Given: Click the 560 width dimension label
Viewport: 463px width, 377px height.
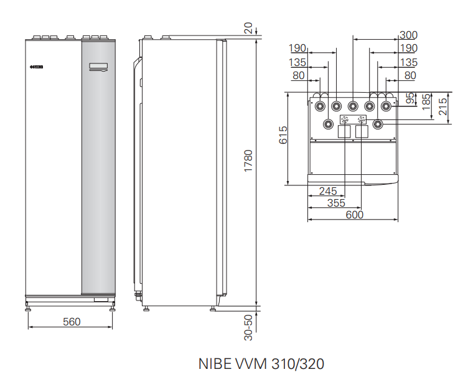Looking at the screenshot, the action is coord(72,322).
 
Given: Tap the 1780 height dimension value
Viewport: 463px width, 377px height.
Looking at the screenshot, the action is coord(248,161).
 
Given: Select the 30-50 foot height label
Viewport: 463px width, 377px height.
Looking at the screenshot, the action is coord(249,327).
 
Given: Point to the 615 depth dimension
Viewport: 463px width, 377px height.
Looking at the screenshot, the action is coord(283,135).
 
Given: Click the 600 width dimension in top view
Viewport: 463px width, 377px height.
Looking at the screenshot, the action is coord(354,215).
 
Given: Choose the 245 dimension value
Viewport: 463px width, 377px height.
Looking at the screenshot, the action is coord(328,191).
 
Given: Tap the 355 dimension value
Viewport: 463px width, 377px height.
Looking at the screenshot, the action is coord(336,203).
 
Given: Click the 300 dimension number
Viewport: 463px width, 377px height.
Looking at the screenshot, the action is coord(408,35).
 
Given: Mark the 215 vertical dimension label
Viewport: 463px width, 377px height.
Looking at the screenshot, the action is coord(443,106).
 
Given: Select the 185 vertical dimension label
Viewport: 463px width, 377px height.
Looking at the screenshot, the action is coord(426,102).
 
